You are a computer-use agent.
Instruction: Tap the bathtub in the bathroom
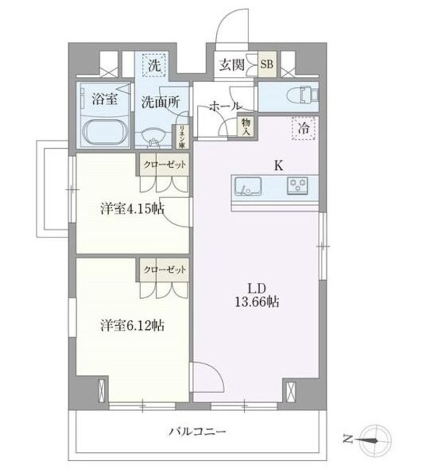105,133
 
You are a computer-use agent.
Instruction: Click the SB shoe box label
268,63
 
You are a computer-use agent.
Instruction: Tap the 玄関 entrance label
232,64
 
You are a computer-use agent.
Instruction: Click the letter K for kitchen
278,166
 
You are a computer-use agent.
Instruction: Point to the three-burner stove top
298,185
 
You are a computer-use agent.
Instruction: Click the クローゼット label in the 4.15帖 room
164,165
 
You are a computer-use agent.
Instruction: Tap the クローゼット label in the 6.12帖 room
164,269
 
